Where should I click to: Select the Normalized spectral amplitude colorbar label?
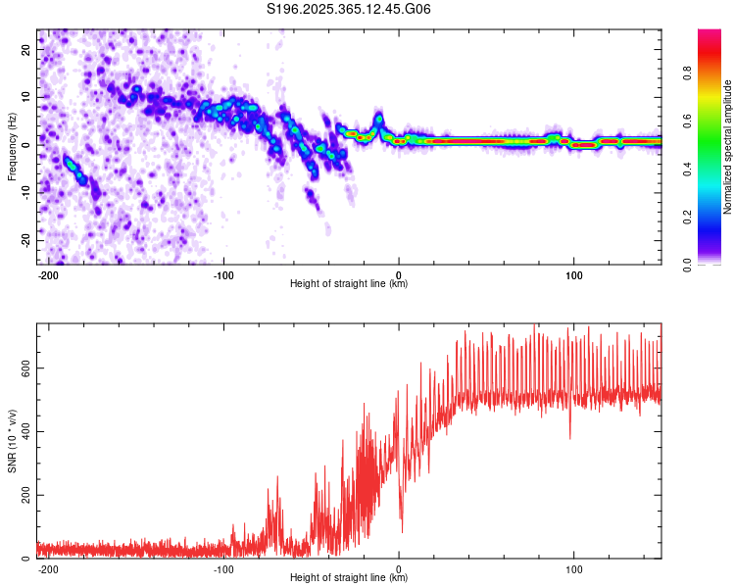tap(728, 146)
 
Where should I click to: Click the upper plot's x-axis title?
tap(349, 284)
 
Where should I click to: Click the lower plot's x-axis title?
tap(349, 578)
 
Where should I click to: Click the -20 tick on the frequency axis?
tap(24, 240)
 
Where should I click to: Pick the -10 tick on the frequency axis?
tap(24, 193)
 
